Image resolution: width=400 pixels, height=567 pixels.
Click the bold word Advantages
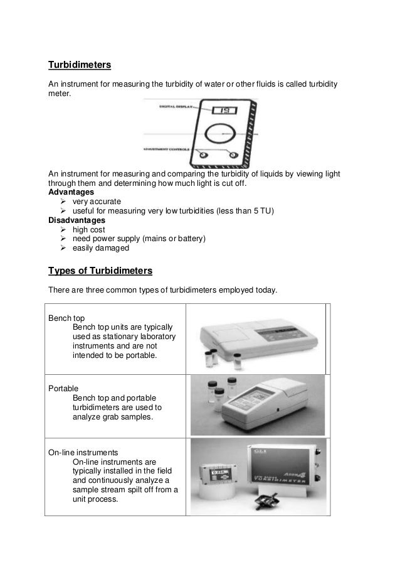pos(71,192)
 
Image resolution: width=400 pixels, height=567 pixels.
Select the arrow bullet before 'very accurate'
pos(63,202)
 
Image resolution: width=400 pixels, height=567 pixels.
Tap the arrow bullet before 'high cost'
pos(63,230)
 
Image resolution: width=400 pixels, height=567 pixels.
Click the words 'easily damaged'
pos(101,249)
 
